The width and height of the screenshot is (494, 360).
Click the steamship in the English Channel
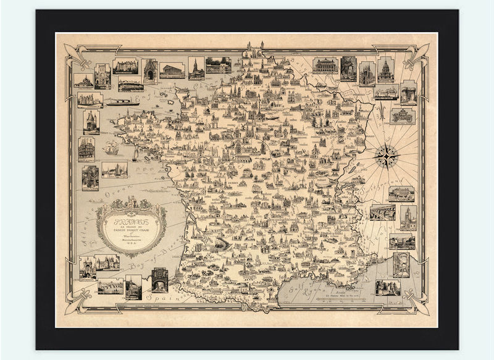pyautogui.click(x=122, y=101)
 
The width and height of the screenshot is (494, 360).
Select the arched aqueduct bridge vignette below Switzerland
pyautogui.click(x=382, y=212)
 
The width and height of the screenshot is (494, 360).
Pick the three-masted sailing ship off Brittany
pyautogui.click(x=111, y=148)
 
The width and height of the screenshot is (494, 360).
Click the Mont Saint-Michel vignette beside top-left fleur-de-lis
pyautogui.click(x=83, y=80)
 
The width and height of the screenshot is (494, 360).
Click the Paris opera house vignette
pyautogui.click(x=325, y=65)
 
